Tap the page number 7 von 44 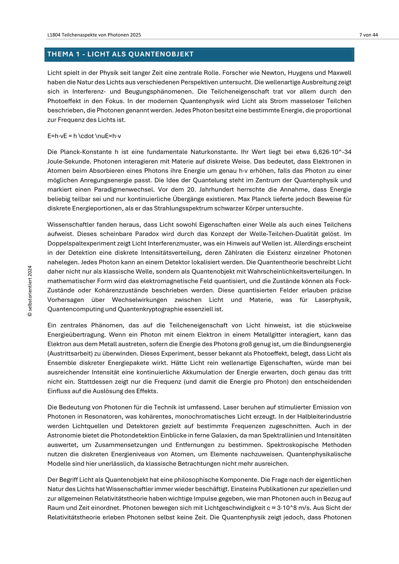click(x=368, y=35)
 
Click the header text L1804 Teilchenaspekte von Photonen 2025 click(x=94, y=35)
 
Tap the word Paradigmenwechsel click(x=123, y=190)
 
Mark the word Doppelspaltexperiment click(x=82, y=243)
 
